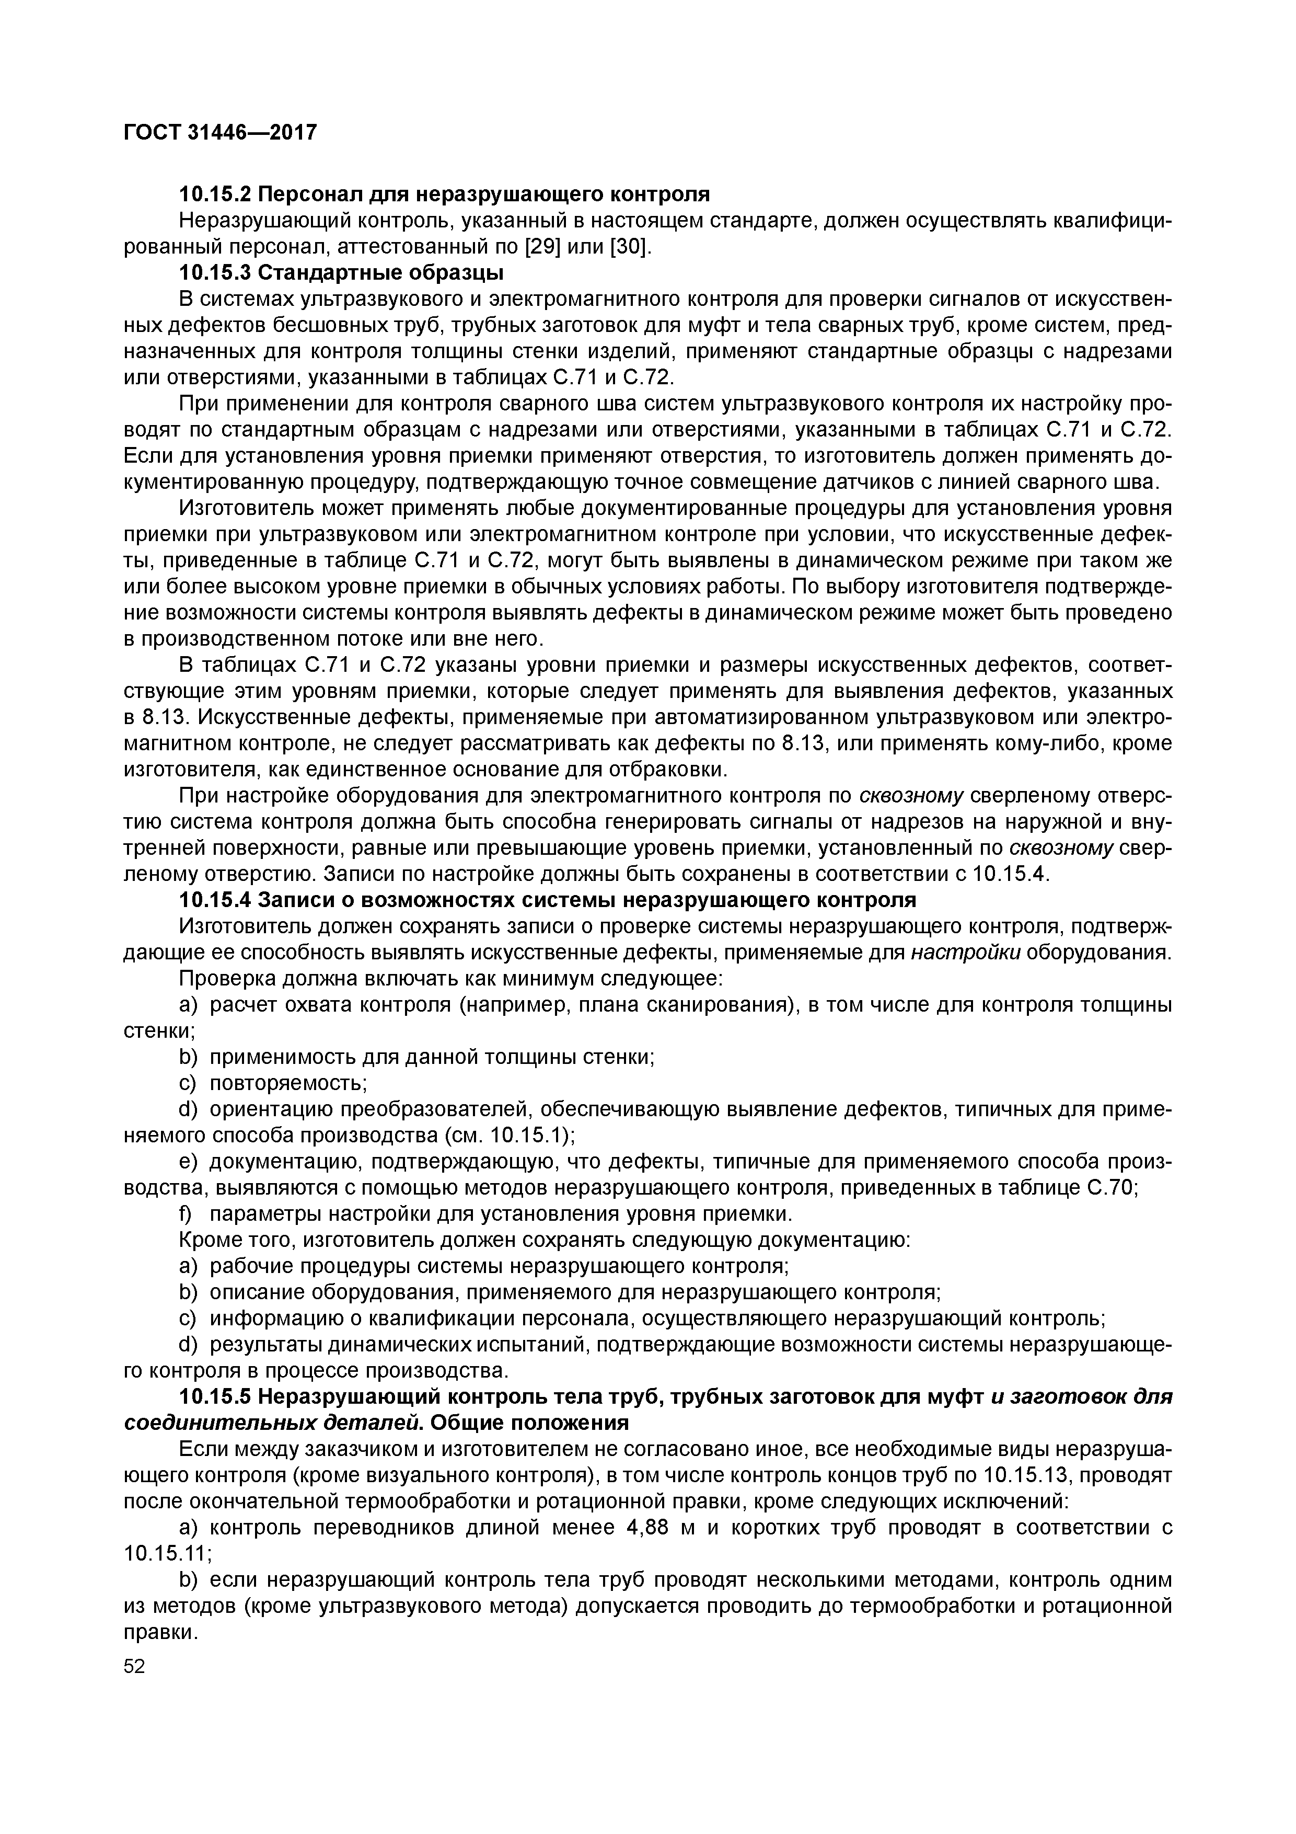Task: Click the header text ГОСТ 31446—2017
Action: pos(221,132)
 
